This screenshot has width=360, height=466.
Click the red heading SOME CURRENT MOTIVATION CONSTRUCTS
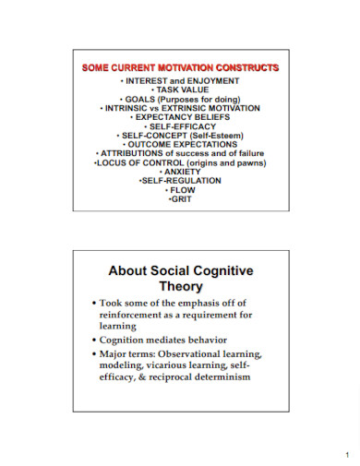click(x=181, y=69)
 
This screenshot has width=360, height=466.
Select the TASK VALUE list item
click(x=182, y=90)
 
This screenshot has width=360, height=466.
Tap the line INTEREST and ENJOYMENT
click(x=182, y=80)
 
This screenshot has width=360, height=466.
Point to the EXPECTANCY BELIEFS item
click(x=182, y=117)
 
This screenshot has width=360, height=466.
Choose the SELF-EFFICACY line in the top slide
click(x=182, y=126)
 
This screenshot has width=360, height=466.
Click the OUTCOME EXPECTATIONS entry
click(x=182, y=145)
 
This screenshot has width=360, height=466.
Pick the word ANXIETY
click(x=182, y=173)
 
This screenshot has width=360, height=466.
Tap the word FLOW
click(x=182, y=191)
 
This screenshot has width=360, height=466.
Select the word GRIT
click(x=182, y=200)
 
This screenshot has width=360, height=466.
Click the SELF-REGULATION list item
click(x=182, y=182)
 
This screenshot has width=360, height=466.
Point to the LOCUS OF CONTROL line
click(x=182, y=163)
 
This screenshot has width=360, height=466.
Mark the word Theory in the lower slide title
click(x=181, y=287)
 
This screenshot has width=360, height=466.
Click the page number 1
click(x=340, y=454)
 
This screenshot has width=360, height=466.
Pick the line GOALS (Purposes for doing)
click(x=182, y=99)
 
